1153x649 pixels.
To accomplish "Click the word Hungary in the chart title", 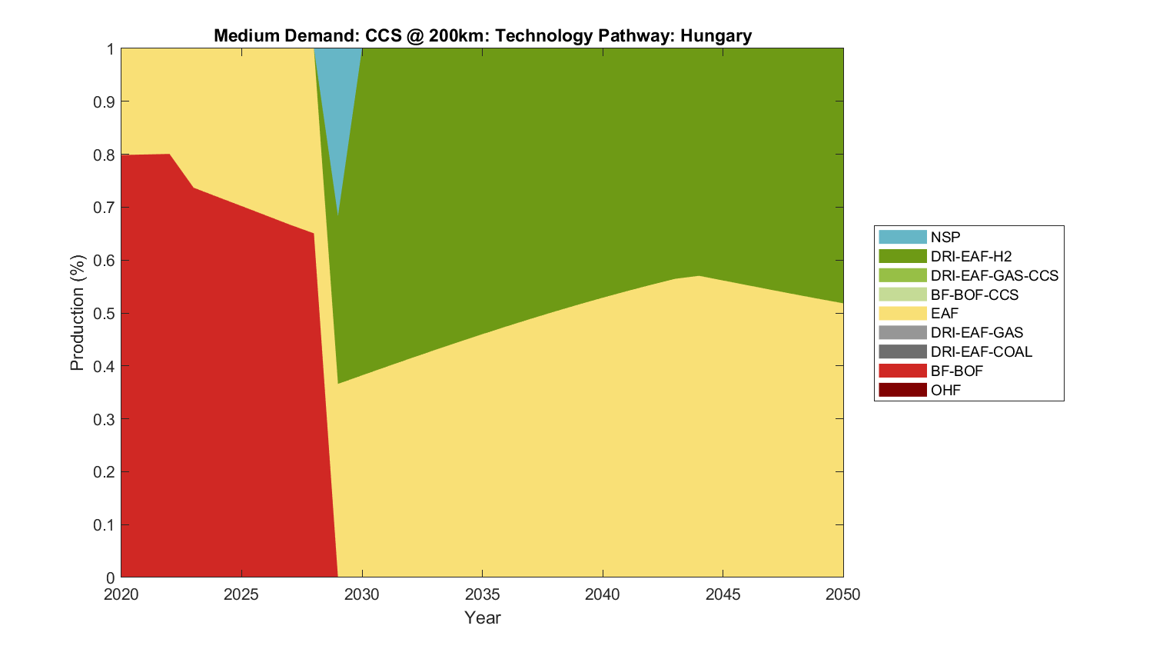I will [x=716, y=35].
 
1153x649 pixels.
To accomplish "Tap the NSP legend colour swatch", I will [x=902, y=237].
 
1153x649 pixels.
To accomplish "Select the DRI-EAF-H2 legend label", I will [x=971, y=256].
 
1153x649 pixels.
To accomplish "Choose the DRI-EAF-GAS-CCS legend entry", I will [x=994, y=275].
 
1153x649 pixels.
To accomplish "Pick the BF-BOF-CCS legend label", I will [x=974, y=295].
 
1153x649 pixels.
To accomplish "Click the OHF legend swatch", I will [x=902, y=390].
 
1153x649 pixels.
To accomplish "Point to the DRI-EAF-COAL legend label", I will [x=981, y=351].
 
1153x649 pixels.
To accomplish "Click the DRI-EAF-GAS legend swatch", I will [x=902, y=332].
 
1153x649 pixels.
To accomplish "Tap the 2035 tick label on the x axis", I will [x=483, y=594].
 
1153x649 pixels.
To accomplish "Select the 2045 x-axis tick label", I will [x=723, y=594].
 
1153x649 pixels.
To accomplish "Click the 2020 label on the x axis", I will [x=121, y=594].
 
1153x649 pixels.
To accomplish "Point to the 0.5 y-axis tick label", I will [x=104, y=314].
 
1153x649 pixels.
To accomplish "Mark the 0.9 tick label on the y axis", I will [x=104, y=102].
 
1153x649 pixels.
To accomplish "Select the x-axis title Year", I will [x=483, y=617].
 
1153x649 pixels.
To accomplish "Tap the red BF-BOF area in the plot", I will [x=215, y=384].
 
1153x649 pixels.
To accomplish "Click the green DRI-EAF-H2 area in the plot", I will [x=576, y=192].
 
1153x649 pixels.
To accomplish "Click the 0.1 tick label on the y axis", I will [x=104, y=525].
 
